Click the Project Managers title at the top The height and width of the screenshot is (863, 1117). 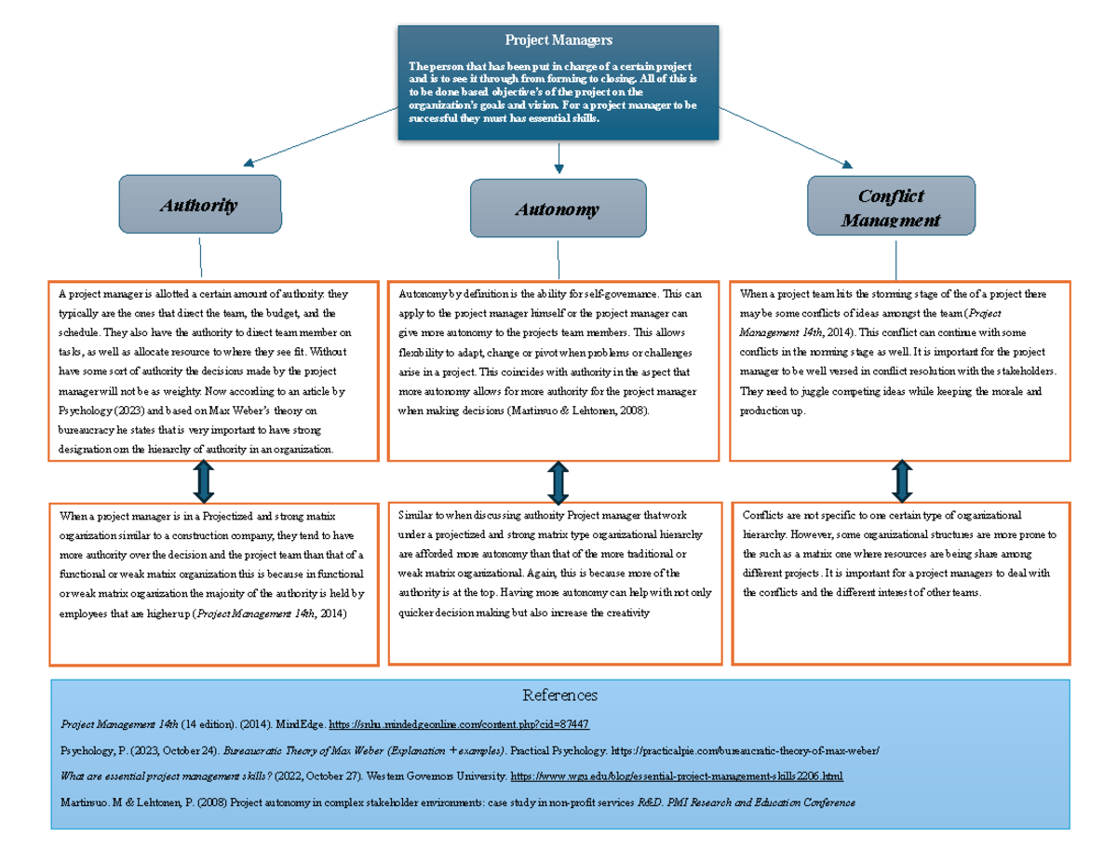(x=558, y=40)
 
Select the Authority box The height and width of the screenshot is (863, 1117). (x=199, y=205)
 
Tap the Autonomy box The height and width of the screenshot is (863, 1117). (x=558, y=209)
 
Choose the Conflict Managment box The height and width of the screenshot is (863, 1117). (x=891, y=206)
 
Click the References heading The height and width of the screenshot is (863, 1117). (x=559, y=695)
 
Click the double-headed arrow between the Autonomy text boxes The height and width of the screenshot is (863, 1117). (x=558, y=482)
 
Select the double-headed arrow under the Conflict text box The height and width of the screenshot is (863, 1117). (x=901, y=481)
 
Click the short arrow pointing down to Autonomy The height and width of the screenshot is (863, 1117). (x=558, y=158)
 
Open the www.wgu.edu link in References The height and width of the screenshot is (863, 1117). (x=677, y=775)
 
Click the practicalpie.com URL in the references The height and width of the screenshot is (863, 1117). (x=745, y=750)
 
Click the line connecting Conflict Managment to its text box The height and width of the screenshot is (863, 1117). (x=895, y=259)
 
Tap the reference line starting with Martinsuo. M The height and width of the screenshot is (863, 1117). (x=456, y=802)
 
